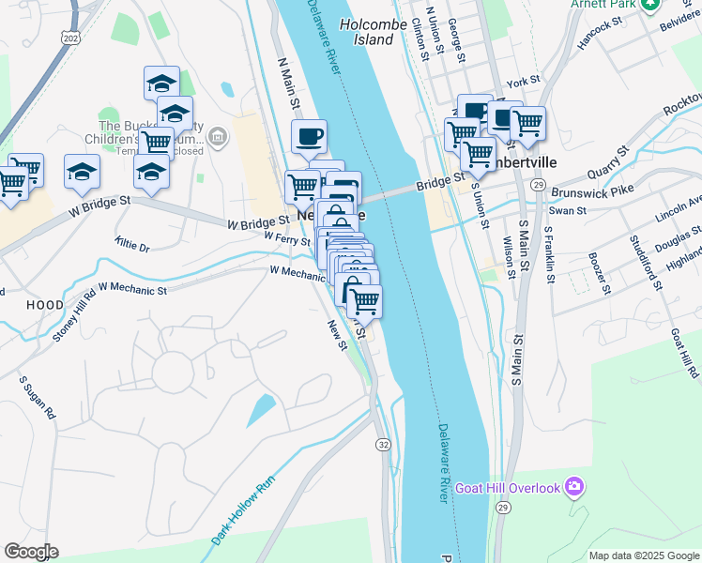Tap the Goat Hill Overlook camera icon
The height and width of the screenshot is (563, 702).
point(574,487)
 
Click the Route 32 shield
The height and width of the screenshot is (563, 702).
point(383,443)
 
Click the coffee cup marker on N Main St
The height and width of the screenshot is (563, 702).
point(309,138)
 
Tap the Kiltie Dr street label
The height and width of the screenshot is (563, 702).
point(132,246)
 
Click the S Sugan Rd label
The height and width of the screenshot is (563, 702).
point(38,399)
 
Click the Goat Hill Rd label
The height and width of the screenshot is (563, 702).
point(683,353)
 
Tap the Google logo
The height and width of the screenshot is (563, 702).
point(31,552)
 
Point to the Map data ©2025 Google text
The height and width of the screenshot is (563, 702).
point(643,555)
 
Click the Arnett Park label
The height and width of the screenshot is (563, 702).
point(601,5)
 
